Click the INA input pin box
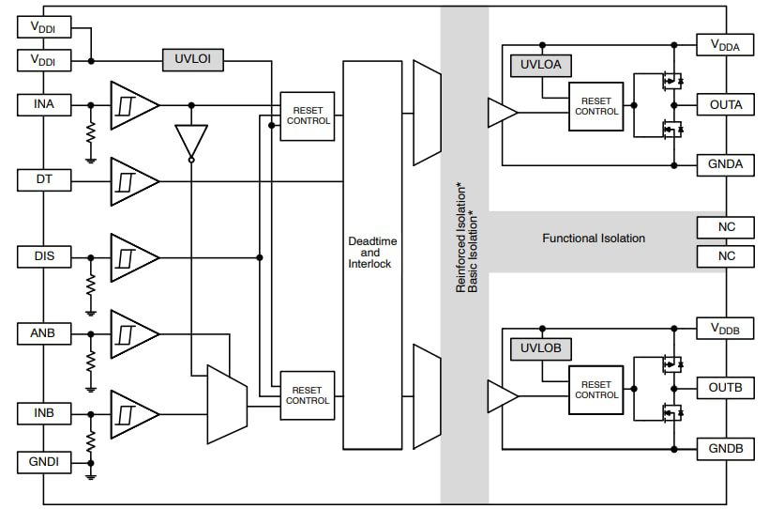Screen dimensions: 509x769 pyautogui.click(x=43, y=104)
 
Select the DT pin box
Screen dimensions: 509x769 pyautogui.click(x=43, y=178)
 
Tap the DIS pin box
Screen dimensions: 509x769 pyautogui.click(x=43, y=256)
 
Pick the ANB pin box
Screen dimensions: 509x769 pyautogui.click(x=43, y=332)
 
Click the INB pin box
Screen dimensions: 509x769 pyautogui.click(x=43, y=412)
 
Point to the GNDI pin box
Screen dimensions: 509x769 pyautogui.click(x=43, y=462)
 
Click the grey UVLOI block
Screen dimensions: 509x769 pyautogui.click(x=193, y=60)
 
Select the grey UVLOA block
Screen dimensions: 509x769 pyautogui.click(x=540, y=67)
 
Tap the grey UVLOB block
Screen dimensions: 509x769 pyautogui.click(x=540, y=349)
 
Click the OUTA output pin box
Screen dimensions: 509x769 pyautogui.click(x=725, y=104)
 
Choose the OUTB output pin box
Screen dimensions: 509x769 pyautogui.click(x=725, y=388)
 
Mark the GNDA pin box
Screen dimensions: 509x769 pyautogui.click(x=725, y=165)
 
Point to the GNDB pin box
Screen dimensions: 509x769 pyautogui.click(x=725, y=449)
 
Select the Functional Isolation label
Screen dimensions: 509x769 pyautogui.click(x=594, y=239)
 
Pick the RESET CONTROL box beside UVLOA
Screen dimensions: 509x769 pyautogui.click(x=596, y=106)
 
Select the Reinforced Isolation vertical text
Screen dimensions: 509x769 pyautogui.click(x=460, y=239)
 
